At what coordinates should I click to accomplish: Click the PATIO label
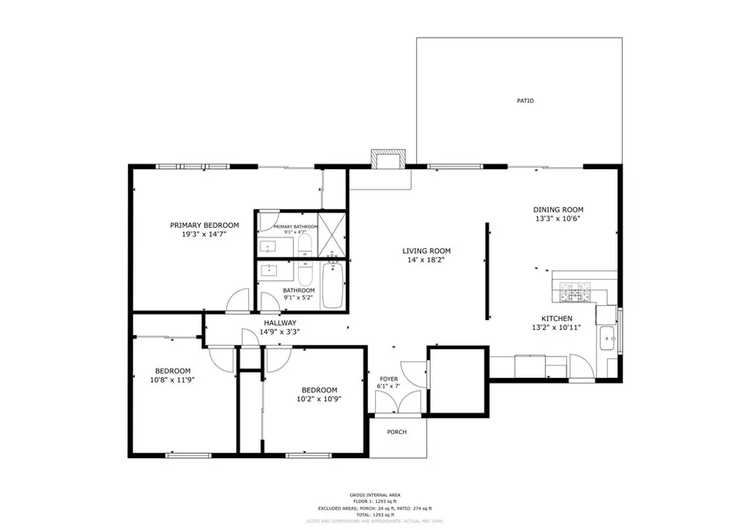(525, 101)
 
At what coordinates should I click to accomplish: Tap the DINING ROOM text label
(557, 210)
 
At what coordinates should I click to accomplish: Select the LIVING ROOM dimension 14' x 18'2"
(425, 260)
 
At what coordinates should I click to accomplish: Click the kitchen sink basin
(606, 339)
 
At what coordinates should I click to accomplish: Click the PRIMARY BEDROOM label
(204, 225)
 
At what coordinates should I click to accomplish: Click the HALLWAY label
(280, 323)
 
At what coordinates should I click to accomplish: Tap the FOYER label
(388, 378)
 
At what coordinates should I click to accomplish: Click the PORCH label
(396, 432)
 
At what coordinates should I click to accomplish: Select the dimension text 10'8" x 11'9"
(172, 380)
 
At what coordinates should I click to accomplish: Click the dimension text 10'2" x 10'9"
(319, 399)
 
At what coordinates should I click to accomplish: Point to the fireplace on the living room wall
(387, 160)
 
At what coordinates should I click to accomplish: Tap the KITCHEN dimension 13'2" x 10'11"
(557, 329)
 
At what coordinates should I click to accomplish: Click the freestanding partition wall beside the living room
(487, 271)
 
